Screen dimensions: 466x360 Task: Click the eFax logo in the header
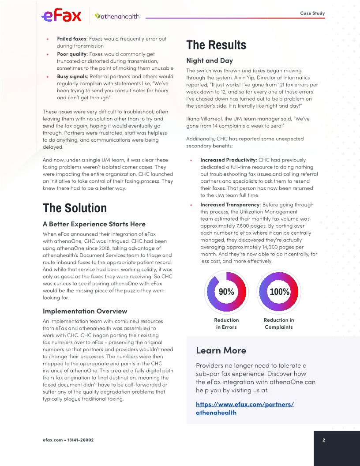click(x=61, y=16)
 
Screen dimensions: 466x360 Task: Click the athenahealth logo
click(x=117, y=16)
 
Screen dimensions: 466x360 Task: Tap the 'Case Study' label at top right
click(x=312, y=13)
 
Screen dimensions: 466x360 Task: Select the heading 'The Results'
click(x=216, y=45)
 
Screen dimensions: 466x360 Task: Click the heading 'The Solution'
click(x=75, y=208)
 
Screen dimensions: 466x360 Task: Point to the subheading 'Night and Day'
click(x=210, y=60)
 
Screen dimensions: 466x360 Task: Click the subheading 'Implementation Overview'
click(x=85, y=311)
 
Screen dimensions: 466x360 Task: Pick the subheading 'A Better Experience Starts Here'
click(x=94, y=224)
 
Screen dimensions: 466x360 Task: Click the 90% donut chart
click(x=226, y=292)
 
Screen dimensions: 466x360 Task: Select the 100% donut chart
click(x=279, y=292)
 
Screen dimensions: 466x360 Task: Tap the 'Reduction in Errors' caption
click(x=226, y=323)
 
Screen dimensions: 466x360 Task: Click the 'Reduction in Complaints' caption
click(x=279, y=323)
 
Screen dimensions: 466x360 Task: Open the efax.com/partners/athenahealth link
click(x=245, y=408)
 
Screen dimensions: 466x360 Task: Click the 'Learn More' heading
click(x=221, y=350)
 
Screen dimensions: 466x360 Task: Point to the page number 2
click(x=324, y=440)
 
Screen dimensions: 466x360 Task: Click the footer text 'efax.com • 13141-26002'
click(x=68, y=440)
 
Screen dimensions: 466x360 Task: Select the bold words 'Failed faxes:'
click(x=72, y=39)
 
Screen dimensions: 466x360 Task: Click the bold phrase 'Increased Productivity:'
click(x=229, y=160)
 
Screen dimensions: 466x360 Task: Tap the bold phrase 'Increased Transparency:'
click(x=230, y=205)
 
